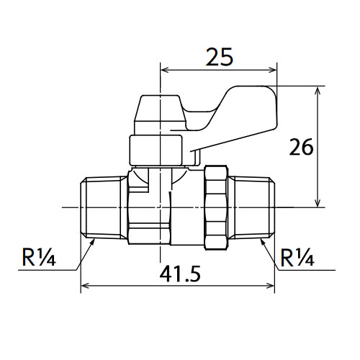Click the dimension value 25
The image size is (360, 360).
tap(220, 57)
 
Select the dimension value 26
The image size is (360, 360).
tap(302, 147)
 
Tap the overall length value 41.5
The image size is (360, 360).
tap(180, 274)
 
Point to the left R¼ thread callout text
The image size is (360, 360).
tap(39, 257)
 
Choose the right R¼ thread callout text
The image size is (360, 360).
tap(297, 257)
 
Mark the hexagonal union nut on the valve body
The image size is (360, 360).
tap(217, 207)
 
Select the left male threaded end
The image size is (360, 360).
tap(104, 207)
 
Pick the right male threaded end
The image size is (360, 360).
tap(253, 207)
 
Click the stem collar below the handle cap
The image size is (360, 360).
tap(156, 150)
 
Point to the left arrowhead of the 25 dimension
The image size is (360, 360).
tap(165, 70)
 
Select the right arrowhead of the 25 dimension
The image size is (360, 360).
tap(273, 70)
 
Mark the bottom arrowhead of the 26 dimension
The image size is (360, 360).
tap(318, 202)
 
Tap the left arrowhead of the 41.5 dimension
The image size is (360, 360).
tap(86, 286)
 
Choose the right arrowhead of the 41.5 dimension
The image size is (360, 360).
tap(270, 286)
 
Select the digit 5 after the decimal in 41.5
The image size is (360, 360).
tap(194, 274)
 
